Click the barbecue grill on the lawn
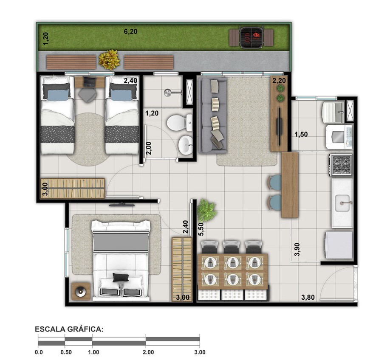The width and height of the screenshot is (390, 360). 251,37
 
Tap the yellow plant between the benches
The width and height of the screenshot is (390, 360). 109,59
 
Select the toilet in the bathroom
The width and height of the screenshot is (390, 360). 180,123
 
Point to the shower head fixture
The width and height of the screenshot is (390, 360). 168,93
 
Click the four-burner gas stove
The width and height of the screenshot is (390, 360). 341,165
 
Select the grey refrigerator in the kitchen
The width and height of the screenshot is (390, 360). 339,245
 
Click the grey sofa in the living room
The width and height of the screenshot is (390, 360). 214,115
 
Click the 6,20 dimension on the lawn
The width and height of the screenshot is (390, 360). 130,31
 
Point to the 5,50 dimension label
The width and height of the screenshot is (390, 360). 201,229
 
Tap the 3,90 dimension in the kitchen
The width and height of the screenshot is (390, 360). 297,249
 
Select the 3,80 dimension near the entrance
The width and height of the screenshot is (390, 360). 308,297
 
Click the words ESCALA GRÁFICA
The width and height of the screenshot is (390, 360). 69,329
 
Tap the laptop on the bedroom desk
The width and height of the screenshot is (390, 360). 90,82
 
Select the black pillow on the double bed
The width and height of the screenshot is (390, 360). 121,277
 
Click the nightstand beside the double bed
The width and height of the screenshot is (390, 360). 81,291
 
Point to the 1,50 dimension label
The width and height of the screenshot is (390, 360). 301,134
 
